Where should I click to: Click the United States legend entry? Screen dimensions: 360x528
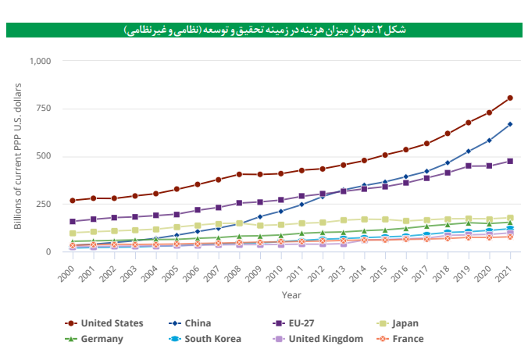[109, 323]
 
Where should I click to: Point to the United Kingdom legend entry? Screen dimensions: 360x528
[321, 339]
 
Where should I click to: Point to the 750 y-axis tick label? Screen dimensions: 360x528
[44, 109]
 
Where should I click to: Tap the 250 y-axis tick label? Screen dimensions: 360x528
[44, 204]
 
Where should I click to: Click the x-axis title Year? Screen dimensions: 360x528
[291, 295]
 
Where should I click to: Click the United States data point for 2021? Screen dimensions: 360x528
[510, 98]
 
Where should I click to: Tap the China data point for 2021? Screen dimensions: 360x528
[510, 124]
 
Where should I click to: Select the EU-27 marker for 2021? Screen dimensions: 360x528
[510, 161]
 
